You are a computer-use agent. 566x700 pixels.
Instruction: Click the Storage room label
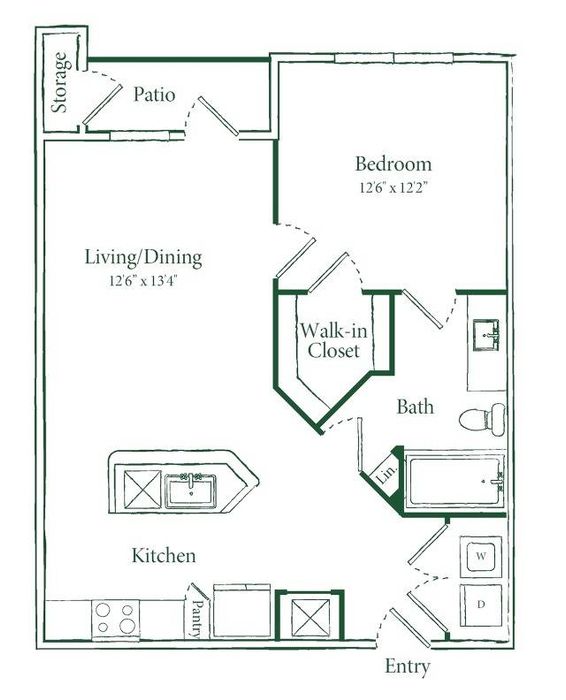click(61, 83)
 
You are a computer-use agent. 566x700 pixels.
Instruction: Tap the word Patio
click(154, 95)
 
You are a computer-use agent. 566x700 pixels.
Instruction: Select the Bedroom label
click(393, 164)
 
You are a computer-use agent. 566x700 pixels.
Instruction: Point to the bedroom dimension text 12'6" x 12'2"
click(393, 188)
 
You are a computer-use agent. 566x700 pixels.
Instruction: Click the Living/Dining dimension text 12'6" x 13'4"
click(144, 281)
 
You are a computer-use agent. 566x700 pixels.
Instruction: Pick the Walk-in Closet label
click(333, 340)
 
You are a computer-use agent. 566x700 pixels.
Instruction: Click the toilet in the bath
click(483, 419)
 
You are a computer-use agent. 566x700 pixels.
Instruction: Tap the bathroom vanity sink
click(486, 335)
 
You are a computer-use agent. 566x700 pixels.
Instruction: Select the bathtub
click(455, 482)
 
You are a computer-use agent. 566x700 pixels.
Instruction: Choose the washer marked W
click(481, 556)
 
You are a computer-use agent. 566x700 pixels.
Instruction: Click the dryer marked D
click(481, 605)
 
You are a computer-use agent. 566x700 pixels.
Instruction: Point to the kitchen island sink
click(191, 490)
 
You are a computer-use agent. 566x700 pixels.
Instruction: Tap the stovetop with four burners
click(116, 618)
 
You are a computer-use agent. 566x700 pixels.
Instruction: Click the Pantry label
click(197, 618)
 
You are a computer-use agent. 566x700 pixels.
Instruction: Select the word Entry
click(408, 667)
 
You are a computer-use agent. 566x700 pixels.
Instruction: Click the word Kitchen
click(164, 555)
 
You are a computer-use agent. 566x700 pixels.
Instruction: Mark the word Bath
click(415, 407)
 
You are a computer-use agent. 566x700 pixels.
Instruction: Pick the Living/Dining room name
click(144, 258)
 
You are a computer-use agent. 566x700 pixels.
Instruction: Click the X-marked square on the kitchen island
click(142, 489)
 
